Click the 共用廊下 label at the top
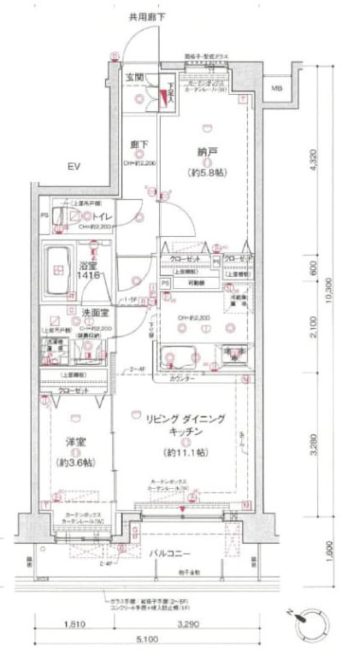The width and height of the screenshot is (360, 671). pyautogui.click(x=146, y=17)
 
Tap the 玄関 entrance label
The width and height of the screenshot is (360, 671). pyautogui.click(x=135, y=78)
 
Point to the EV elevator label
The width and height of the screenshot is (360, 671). pyautogui.click(x=74, y=166)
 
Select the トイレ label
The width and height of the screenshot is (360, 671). pyautogui.click(x=90, y=218)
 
